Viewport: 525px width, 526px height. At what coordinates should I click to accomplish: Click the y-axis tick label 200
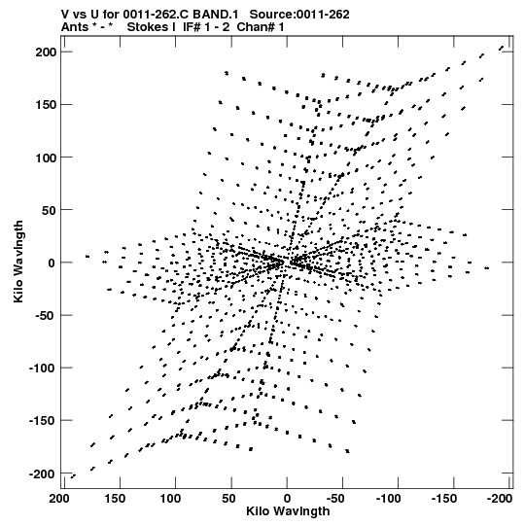point(47,52)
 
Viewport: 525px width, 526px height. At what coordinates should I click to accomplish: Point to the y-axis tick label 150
point(47,105)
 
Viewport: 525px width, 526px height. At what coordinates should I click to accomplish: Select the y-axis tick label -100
point(43,368)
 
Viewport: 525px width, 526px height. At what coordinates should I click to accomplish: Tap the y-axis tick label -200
point(43,474)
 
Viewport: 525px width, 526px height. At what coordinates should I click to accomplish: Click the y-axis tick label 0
point(52,263)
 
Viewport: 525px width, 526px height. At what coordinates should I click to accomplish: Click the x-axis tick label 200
point(59,499)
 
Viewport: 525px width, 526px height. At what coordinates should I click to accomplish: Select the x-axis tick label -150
point(443,499)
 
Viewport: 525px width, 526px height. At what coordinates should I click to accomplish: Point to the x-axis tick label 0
point(287,499)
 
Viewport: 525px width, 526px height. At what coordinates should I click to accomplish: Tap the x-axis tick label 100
point(170,499)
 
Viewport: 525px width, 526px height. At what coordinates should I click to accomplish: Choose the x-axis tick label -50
point(335,499)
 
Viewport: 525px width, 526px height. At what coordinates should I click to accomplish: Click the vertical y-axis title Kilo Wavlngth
point(18,262)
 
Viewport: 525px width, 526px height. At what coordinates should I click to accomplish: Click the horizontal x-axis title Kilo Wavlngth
point(288,511)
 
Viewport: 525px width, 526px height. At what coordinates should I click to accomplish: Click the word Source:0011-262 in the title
point(299,15)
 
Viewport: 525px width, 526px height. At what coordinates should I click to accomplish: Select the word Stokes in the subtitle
point(147,27)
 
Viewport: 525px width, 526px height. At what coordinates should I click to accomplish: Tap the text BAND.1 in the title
point(216,15)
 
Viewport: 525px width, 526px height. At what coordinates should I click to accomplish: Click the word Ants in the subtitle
point(74,27)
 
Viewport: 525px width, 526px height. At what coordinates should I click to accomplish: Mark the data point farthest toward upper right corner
point(502,48)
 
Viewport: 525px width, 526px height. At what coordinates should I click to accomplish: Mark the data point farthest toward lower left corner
point(73,476)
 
